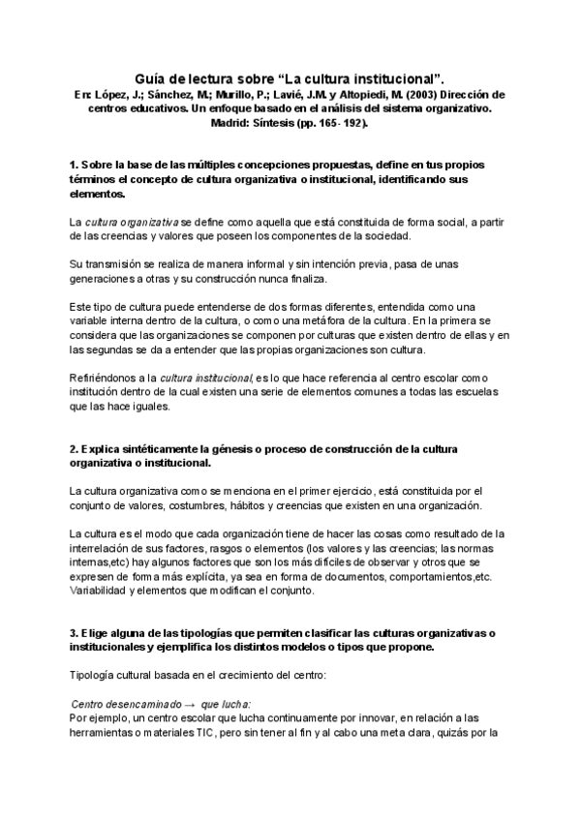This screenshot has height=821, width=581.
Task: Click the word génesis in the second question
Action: [249, 449]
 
